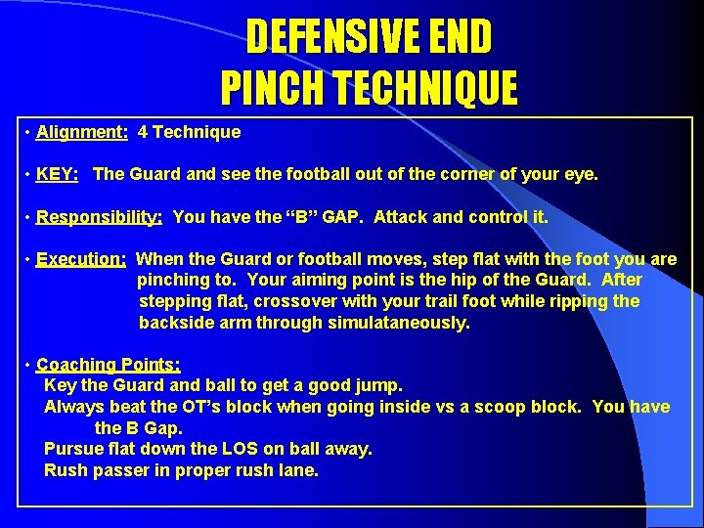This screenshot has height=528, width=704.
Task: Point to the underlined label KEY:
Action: [x=57, y=174]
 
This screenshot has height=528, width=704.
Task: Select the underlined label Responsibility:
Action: [x=99, y=217]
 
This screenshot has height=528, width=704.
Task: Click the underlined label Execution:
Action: [x=81, y=260]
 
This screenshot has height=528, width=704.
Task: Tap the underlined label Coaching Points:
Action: [x=108, y=365]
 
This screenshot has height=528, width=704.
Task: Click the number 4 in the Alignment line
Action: [x=144, y=131]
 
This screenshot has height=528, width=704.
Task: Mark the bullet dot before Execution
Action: [x=28, y=260]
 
